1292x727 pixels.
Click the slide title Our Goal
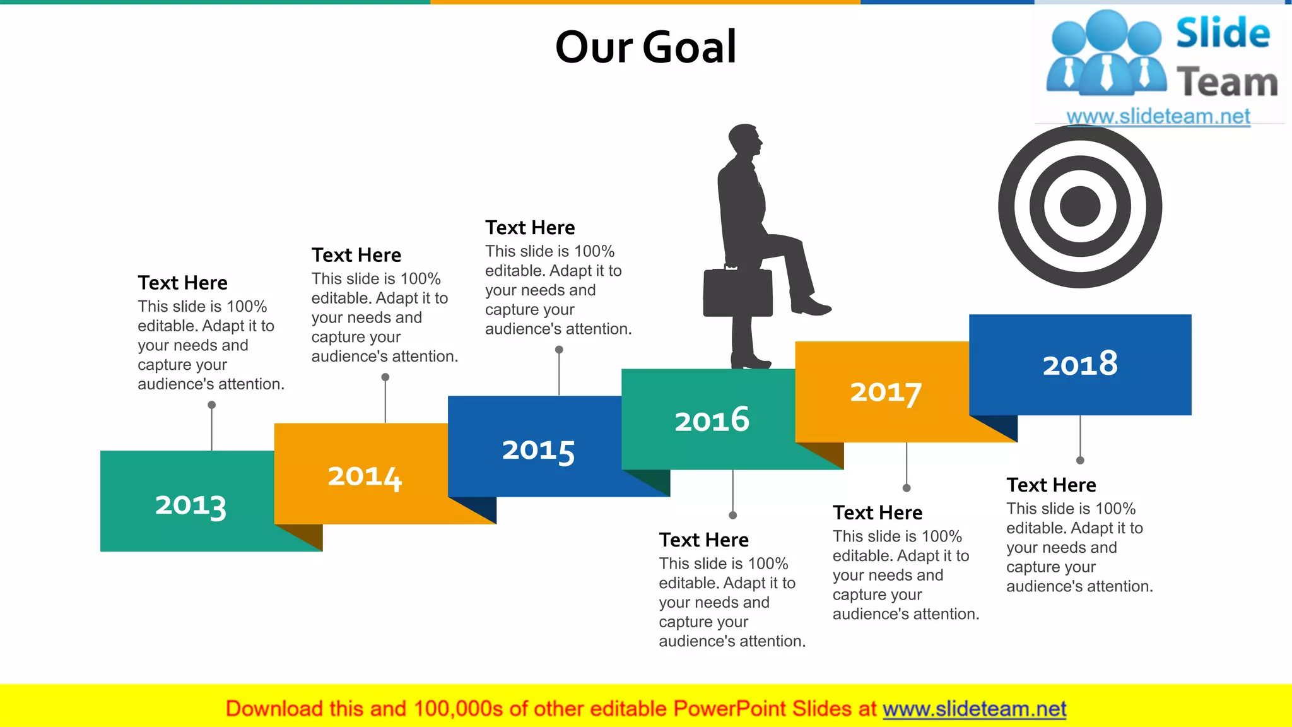coord(645,47)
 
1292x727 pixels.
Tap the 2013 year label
coord(191,506)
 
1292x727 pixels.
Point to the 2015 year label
coord(538,451)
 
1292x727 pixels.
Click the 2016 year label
coord(712,420)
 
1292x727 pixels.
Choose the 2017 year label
coord(886,393)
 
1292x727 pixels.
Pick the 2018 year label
coord(1079,364)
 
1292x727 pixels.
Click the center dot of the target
coord(1080,206)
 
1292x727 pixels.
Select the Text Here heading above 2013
coord(182,283)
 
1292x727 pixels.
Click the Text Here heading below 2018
coord(1051,485)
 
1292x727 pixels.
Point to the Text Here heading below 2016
coord(703,540)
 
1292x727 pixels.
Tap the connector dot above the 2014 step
coord(385,377)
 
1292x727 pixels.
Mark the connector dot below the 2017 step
coord(907,488)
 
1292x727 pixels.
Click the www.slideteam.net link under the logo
coord(1158,117)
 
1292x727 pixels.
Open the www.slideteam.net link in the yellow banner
coord(974,709)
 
